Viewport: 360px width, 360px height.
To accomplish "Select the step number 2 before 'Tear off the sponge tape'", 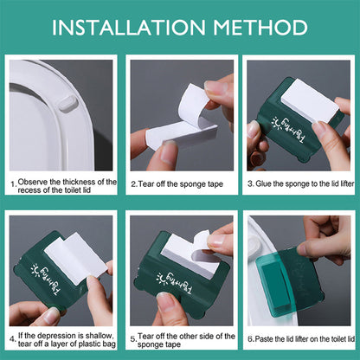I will [x=132, y=184].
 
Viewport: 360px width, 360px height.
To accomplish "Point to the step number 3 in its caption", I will [x=249, y=184].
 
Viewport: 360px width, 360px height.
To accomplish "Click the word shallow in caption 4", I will [x=90, y=335].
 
